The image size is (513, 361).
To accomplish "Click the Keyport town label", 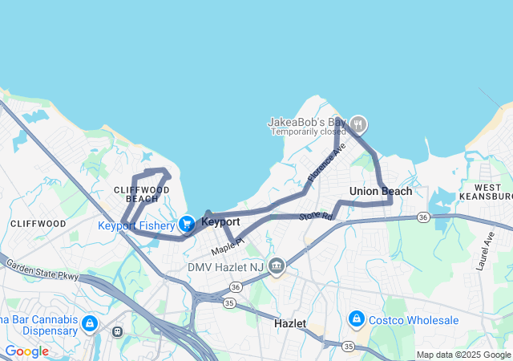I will point(220,221).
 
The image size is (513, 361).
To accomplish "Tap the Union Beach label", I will point(381,191).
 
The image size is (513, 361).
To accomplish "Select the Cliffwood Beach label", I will point(142,193).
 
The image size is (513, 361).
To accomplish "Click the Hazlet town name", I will point(290,322).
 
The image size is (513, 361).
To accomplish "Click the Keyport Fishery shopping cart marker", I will point(187,225).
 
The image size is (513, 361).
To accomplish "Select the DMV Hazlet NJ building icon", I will point(277,266).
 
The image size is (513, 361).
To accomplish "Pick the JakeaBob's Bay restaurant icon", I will point(358,124).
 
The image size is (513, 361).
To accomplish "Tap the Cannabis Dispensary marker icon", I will point(90,323).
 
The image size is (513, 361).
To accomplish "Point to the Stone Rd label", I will point(315,216).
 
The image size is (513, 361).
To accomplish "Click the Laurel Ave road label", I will point(489,249).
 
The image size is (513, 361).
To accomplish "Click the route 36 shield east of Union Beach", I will point(423,217).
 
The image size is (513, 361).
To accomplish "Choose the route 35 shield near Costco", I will point(348,346).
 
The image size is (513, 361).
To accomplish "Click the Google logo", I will point(26,351).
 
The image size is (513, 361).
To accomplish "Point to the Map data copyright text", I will point(463,355).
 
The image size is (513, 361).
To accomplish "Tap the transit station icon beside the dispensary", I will point(118,331).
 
